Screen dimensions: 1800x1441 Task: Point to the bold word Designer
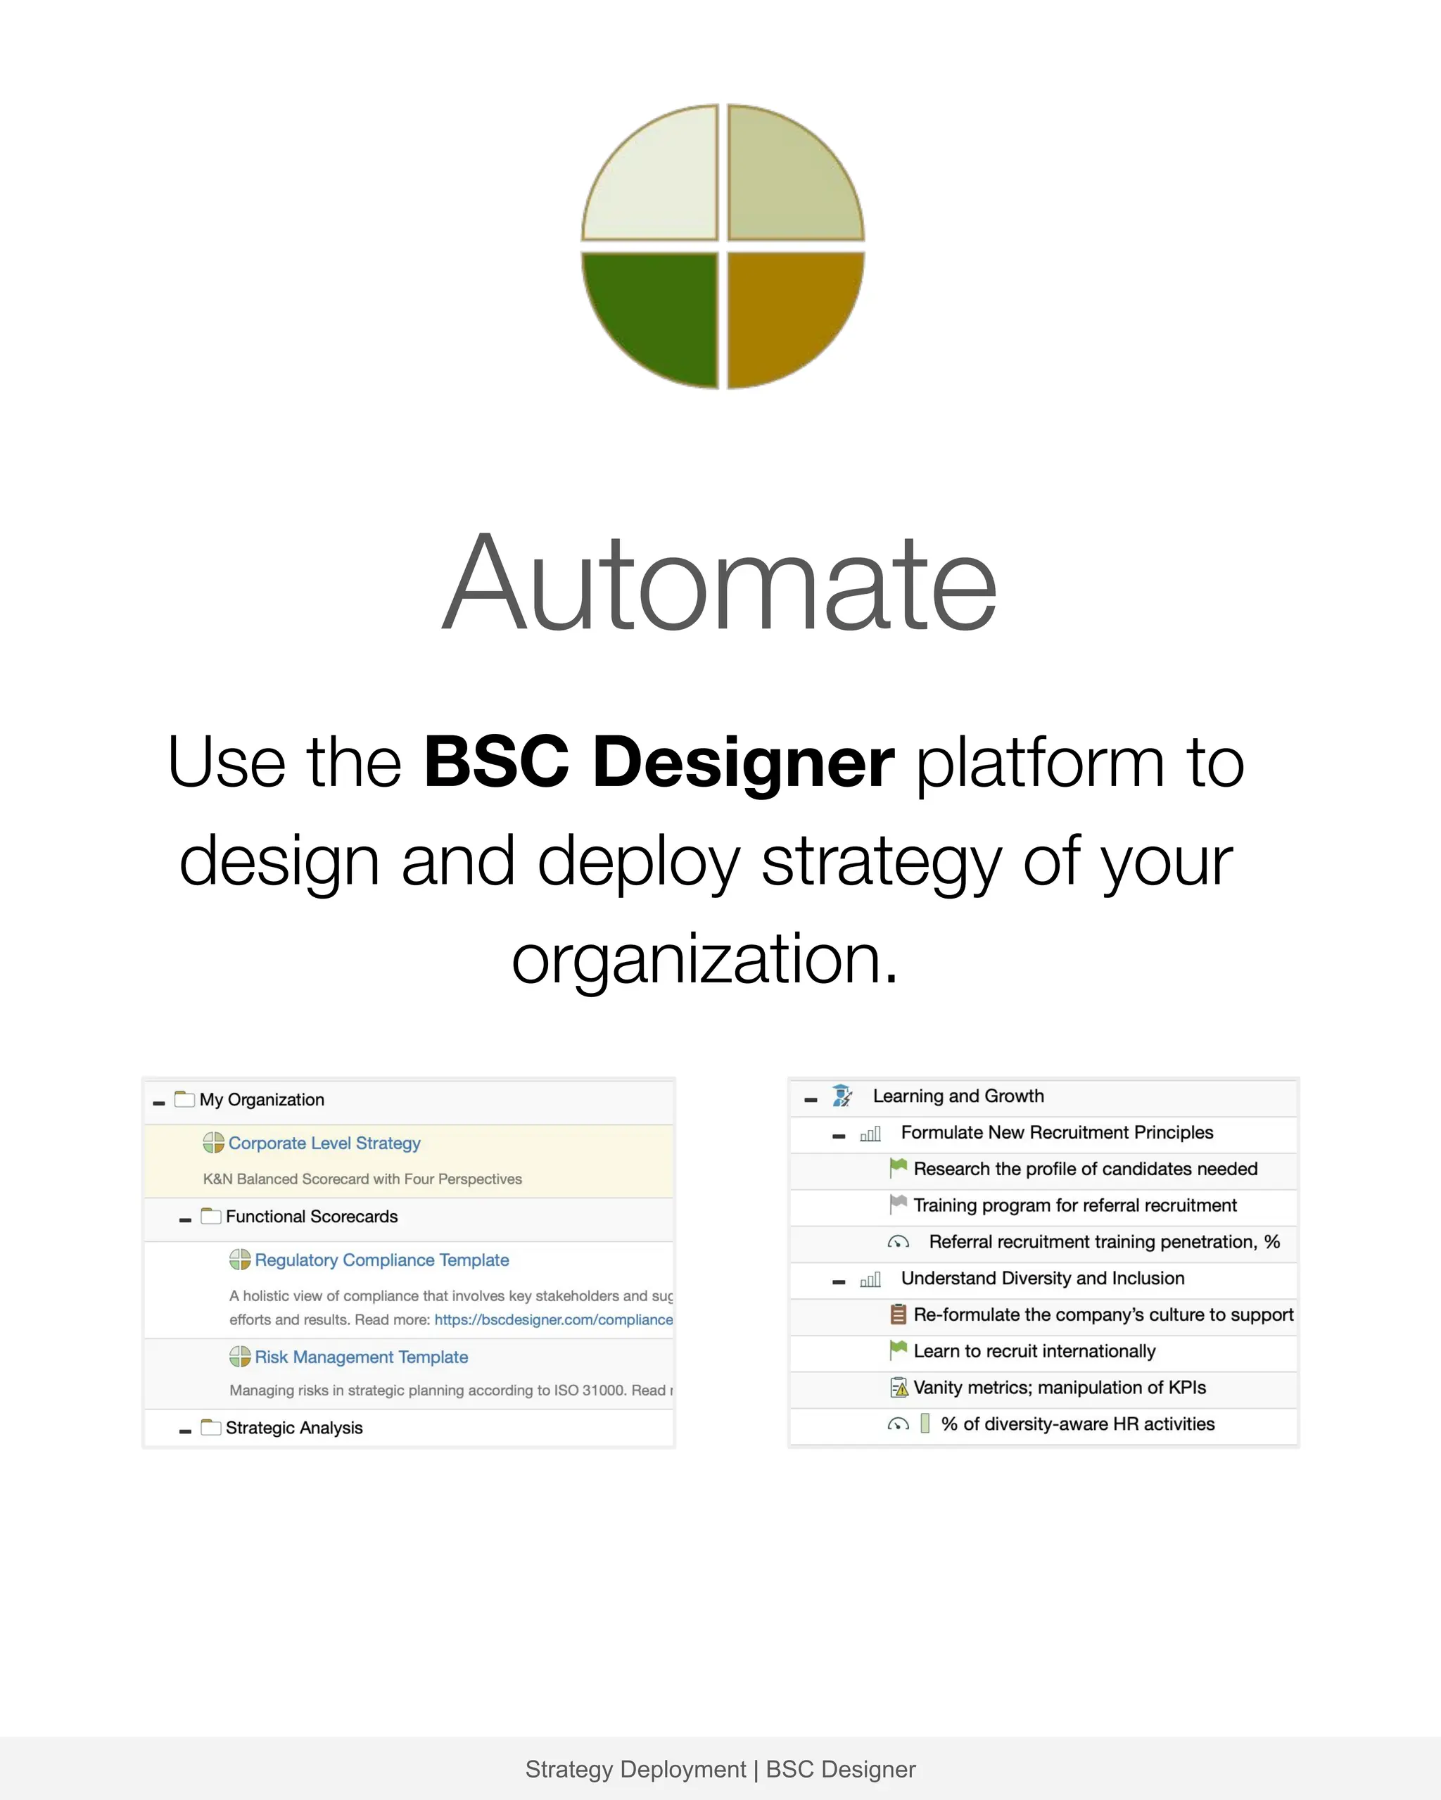743,761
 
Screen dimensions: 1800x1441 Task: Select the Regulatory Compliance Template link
381,1260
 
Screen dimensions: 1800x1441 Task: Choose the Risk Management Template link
361,1357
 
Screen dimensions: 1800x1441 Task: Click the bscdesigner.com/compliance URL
554,1319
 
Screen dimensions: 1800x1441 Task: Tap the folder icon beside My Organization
184,1098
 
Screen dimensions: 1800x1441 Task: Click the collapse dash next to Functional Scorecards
185,1219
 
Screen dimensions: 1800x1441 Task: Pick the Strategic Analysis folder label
294,1428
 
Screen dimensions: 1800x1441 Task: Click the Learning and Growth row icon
842,1096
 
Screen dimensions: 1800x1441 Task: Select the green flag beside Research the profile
899,1168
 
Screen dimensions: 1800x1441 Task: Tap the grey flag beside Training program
899,1205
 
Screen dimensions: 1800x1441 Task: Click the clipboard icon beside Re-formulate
899,1314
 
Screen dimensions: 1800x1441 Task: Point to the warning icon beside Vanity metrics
899,1388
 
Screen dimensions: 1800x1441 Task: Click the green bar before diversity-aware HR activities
925,1424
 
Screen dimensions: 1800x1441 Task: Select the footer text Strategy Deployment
635,1769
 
